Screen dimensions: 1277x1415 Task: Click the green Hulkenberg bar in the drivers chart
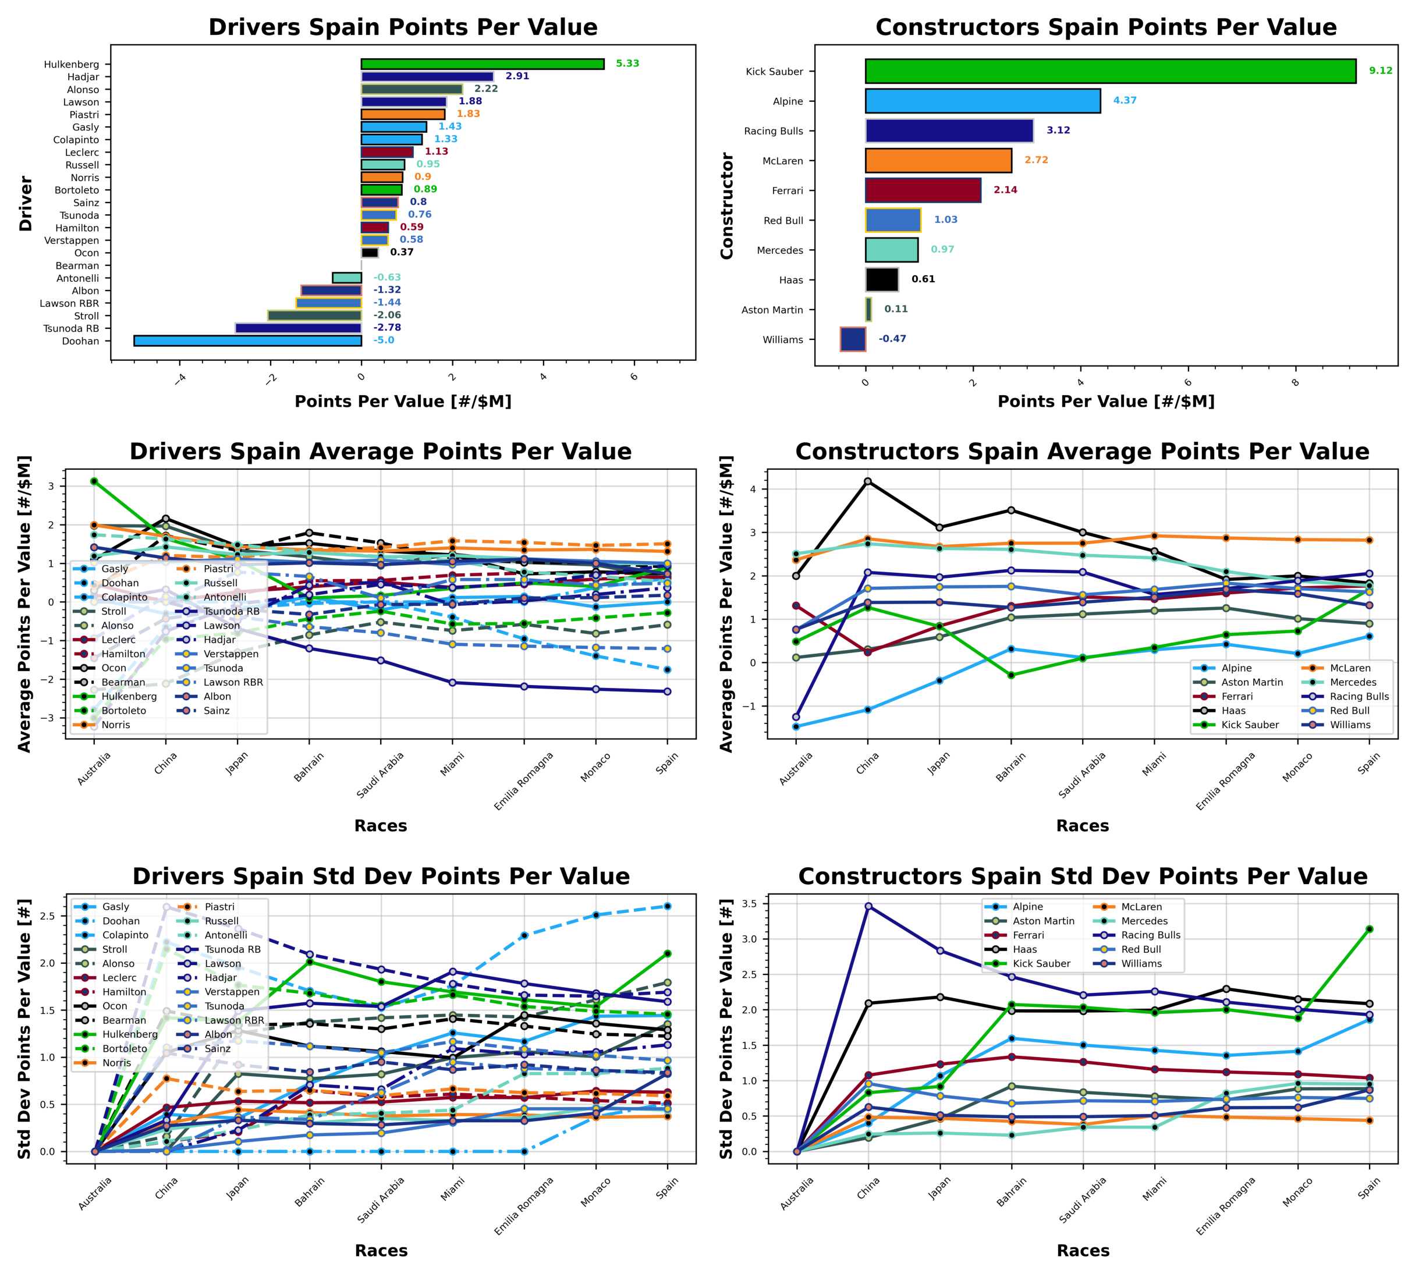[482, 64]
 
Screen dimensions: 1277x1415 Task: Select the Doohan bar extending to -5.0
[247, 341]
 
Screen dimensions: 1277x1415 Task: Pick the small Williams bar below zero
[852, 339]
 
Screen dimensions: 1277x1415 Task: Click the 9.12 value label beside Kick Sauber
[1380, 71]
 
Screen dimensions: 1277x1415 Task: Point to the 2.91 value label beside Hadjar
[517, 76]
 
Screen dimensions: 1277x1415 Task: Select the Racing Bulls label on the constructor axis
[773, 131]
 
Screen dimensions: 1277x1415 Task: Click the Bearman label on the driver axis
[77, 266]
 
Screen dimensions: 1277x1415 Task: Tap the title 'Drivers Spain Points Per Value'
[403, 27]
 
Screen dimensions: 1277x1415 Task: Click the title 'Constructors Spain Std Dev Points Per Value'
[1083, 877]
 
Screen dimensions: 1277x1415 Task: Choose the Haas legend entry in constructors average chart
[1233, 711]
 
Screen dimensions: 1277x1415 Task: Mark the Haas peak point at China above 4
[868, 481]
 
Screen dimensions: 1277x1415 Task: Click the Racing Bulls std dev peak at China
[868, 906]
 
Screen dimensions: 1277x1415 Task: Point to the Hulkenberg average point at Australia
[94, 481]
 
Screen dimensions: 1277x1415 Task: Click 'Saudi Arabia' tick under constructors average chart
[1082, 775]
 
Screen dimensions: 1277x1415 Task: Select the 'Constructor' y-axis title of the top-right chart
[727, 205]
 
